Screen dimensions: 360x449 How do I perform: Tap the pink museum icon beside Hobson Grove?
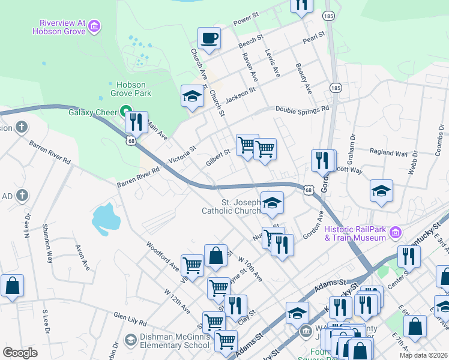click(x=94, y=26)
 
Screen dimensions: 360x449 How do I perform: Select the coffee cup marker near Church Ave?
click(x=209, y=38)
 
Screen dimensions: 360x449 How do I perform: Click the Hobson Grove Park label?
click(x=130, y=89)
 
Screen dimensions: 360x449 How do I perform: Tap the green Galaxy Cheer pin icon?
click(x=125, y=111)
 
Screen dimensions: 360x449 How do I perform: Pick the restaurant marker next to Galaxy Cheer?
click(x=136, y=122)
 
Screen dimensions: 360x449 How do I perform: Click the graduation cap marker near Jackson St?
click(x=192, y=97)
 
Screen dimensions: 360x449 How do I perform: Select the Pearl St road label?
click(x=313, y=38)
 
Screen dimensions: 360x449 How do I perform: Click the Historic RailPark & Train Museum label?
click(x=354, y=233)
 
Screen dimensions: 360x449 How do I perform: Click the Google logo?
click(x=20, y=352)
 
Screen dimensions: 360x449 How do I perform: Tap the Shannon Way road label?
click(x=47, y=244)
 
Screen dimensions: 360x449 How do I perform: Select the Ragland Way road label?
click(x=388, y=152)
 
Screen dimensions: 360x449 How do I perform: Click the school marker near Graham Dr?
click(x=381, y=191)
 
